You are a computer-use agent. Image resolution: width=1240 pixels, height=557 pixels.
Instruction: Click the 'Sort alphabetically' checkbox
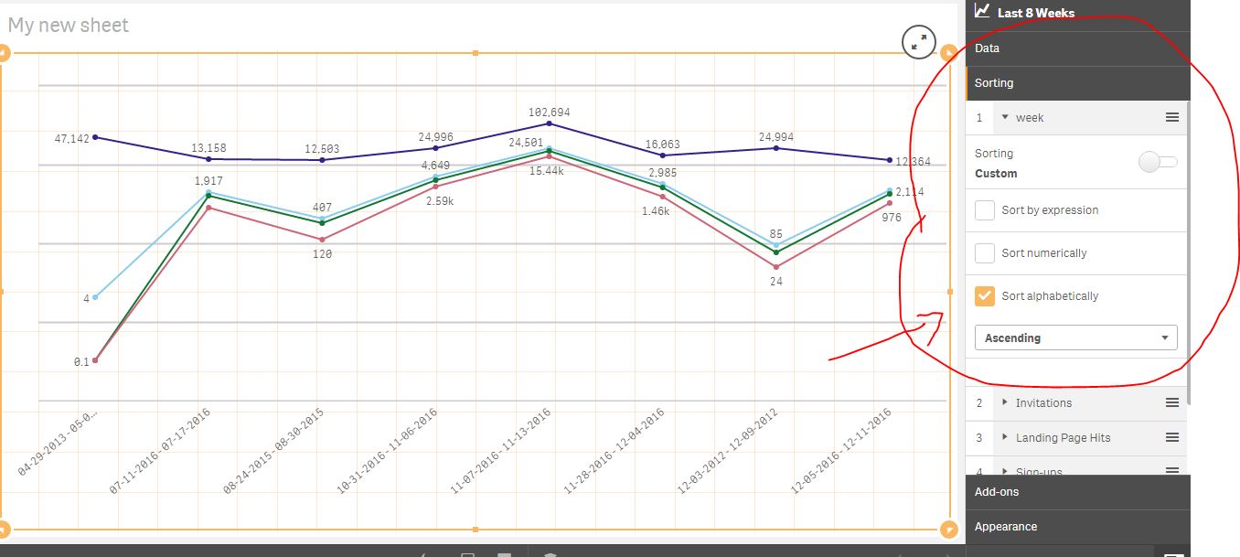click(x=985, y=296)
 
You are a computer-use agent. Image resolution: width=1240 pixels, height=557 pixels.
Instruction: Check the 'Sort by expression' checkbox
click(x=985, y=210)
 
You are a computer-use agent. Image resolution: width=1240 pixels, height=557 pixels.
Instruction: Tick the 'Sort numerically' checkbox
click(x=985, y=253)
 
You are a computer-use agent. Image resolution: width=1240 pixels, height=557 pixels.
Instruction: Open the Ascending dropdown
click(x=1075, y=338)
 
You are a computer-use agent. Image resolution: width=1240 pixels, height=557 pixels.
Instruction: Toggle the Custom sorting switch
click(x=1158, y=163)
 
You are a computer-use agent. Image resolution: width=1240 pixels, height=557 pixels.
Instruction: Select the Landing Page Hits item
click(x=1063, y=438)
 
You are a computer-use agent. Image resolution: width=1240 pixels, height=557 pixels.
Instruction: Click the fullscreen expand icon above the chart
click(x=918, y=41)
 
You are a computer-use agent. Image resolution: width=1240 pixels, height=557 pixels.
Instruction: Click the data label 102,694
click(x=549, y=112)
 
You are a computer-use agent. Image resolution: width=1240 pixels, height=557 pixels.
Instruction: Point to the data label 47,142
click(x=72, y=139)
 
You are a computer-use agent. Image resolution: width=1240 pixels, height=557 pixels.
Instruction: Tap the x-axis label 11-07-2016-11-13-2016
click(x=500, y=452)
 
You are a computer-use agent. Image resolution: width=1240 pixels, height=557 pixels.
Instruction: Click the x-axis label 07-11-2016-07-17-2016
click(x=160, y=452)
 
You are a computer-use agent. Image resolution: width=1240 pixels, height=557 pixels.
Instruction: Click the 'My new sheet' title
click(x=69, y=26)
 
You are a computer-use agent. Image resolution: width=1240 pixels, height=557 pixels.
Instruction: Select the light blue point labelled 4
click(x=95, y=297)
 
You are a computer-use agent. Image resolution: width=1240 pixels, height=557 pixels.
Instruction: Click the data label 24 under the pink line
click(x=775, y=282)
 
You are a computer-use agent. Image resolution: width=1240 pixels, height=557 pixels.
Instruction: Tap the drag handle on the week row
click(x=1171, y=118)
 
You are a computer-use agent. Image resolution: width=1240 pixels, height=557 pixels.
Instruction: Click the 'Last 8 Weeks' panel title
click(x=1035, y=13)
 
